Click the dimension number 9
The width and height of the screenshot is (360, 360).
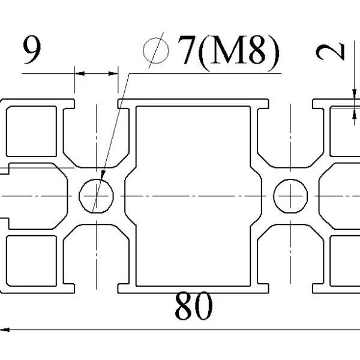32,50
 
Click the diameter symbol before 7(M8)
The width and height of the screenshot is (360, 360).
155,50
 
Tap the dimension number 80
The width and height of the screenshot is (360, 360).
194,305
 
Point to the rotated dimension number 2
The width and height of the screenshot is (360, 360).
330,52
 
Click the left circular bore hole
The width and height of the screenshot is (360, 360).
96,196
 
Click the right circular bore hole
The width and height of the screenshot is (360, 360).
290,196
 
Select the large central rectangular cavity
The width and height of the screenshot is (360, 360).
193,196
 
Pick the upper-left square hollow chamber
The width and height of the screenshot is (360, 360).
31,131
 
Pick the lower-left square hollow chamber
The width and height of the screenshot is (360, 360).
31,261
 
